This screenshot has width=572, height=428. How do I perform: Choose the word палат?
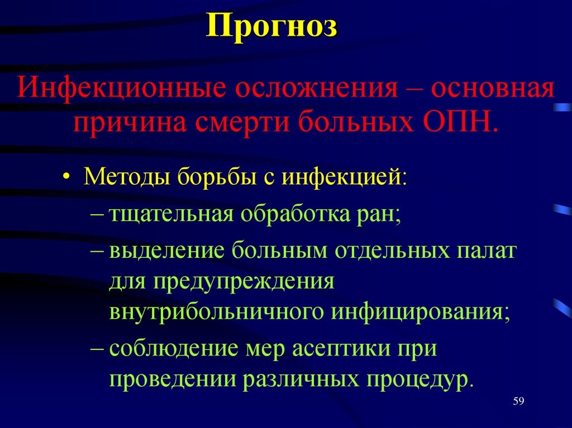[484, 252]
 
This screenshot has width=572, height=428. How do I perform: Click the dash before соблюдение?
[98, 349]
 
